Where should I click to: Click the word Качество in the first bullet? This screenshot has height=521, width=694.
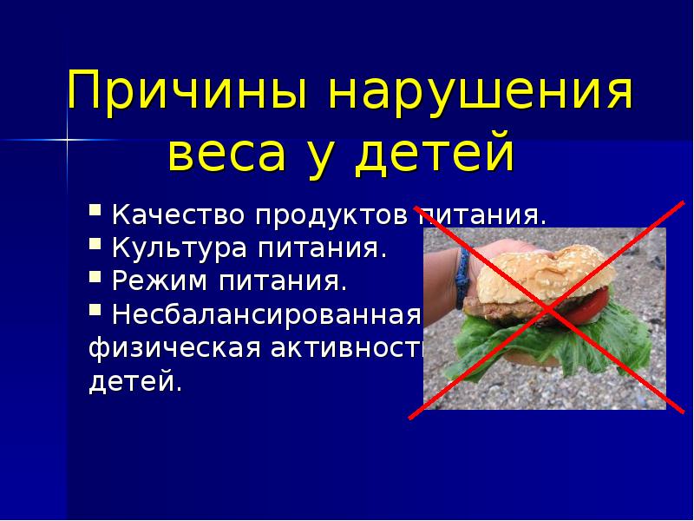pos(179,215)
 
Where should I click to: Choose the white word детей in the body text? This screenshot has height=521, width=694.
pos(135,381)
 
